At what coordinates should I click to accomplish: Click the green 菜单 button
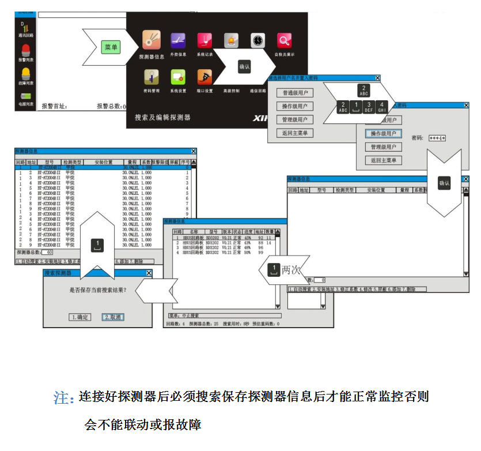pos(111,47)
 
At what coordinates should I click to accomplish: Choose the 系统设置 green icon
pos(177,76)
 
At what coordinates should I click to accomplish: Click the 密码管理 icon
pos(152,76)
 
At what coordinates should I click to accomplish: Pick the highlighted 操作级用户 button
pos(384,133)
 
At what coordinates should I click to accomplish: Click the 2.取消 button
pos(113,317)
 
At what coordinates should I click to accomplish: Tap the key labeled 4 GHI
pos(382,107)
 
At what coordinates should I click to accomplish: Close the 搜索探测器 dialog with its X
pos(149,273)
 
